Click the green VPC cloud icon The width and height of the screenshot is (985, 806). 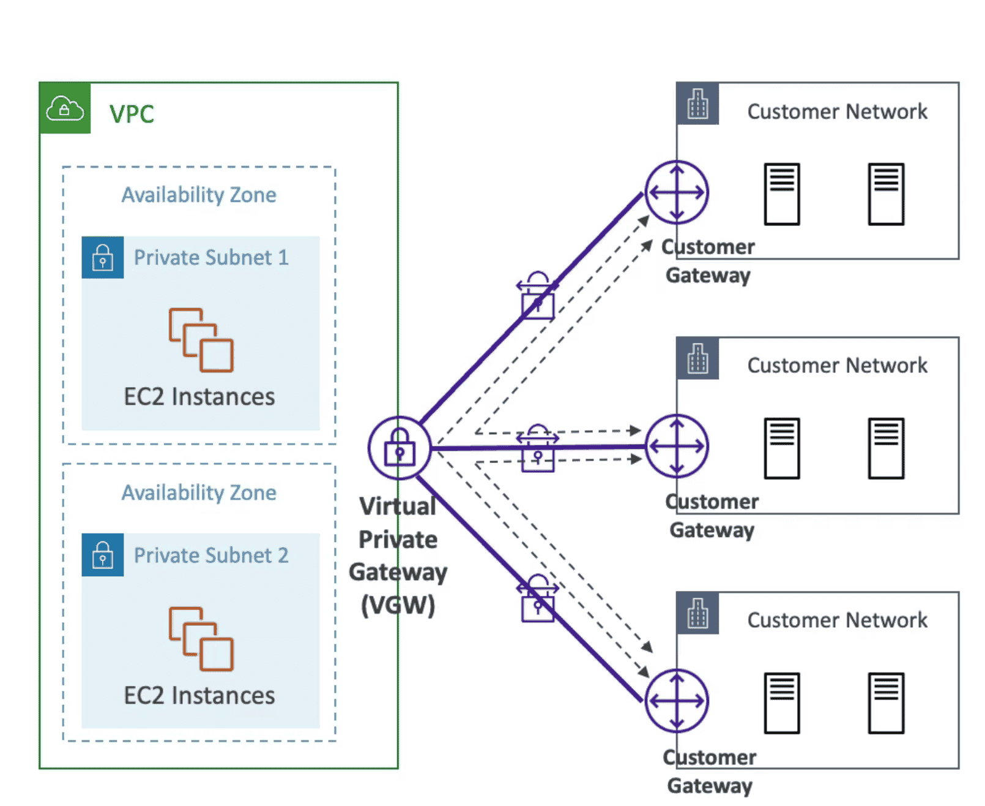(65, 108)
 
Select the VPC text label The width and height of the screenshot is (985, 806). (132, 115)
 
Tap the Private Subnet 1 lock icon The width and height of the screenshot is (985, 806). (103, 258)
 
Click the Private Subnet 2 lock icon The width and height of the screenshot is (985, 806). (103, 555)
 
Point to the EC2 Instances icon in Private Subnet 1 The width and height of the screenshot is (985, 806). (201, 340)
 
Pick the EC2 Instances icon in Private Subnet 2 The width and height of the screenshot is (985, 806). (201, 639)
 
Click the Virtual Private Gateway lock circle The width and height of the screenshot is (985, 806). (400, 448)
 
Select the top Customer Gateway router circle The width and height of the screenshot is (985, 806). (677, 192)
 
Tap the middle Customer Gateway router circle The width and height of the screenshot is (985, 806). (677, 446)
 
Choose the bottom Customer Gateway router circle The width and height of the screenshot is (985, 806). (677, 701)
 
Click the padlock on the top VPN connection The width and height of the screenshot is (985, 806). (538, 297)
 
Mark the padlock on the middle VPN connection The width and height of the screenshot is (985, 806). (538, 450)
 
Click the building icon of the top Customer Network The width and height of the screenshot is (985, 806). (697, 104)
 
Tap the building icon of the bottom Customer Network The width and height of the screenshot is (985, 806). (697, 613)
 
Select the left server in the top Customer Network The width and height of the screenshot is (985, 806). (782, 194)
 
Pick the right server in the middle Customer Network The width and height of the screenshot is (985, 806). (886, 448)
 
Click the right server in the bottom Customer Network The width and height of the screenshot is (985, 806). (886, 702)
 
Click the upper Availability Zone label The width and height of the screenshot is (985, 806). (199, 195)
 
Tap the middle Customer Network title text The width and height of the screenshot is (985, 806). (837, 366)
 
